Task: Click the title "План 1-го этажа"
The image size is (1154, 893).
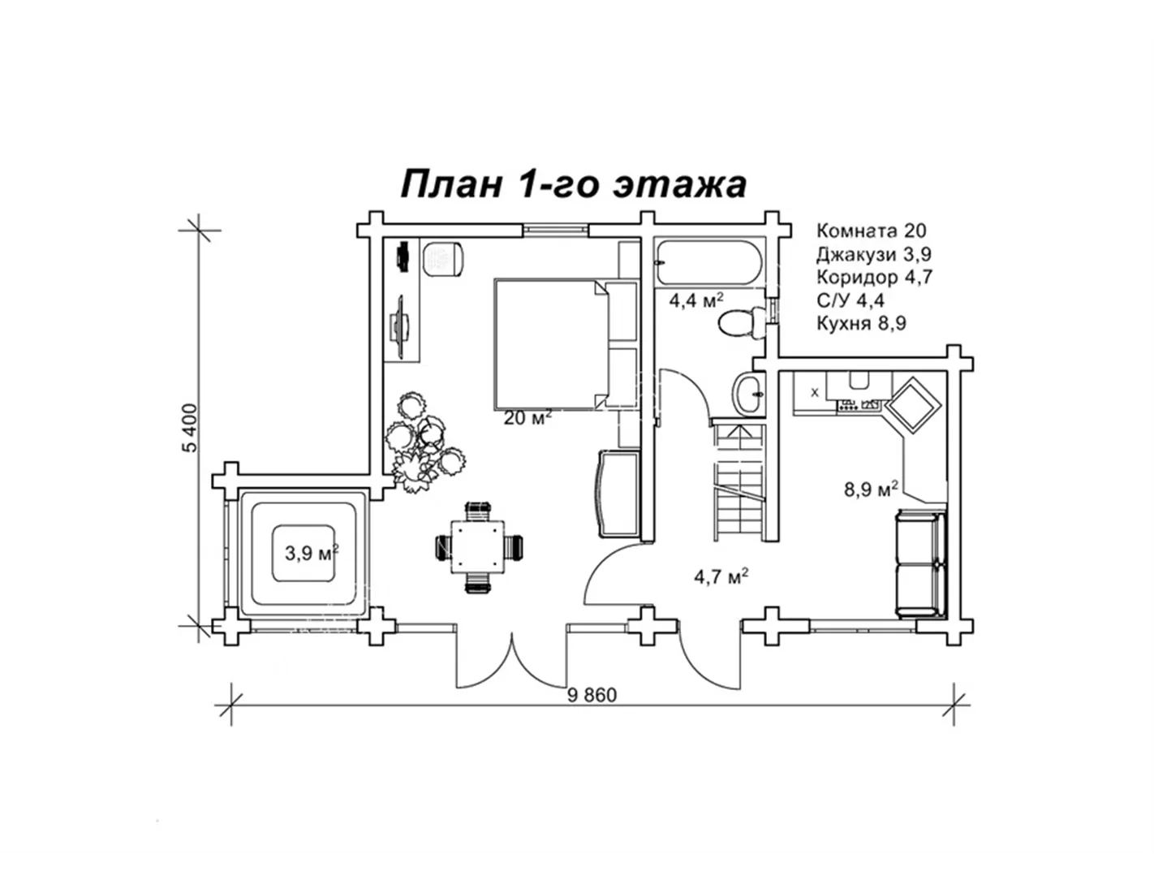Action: coord(574,184)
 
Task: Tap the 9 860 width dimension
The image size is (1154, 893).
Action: coord(592,695)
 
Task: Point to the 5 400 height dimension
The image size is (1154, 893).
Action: coord(190,428)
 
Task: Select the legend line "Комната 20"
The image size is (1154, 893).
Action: coord(871,231)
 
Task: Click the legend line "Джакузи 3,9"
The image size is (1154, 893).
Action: coord(873,254)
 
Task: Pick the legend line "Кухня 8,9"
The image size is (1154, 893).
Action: coord(861,323)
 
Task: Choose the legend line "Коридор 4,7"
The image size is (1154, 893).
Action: coord(875,277)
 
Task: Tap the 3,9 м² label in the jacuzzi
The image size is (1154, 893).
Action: coord(311,554)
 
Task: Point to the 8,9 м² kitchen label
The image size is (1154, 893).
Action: coord(871,490)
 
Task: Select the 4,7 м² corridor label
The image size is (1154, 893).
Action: coord(720,577)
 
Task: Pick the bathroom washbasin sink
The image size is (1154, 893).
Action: coord(747,393)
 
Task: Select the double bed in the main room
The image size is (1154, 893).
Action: coord(551,344)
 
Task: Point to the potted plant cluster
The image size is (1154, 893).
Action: coord(420,442)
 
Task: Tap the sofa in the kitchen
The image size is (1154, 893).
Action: coord(920,563)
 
